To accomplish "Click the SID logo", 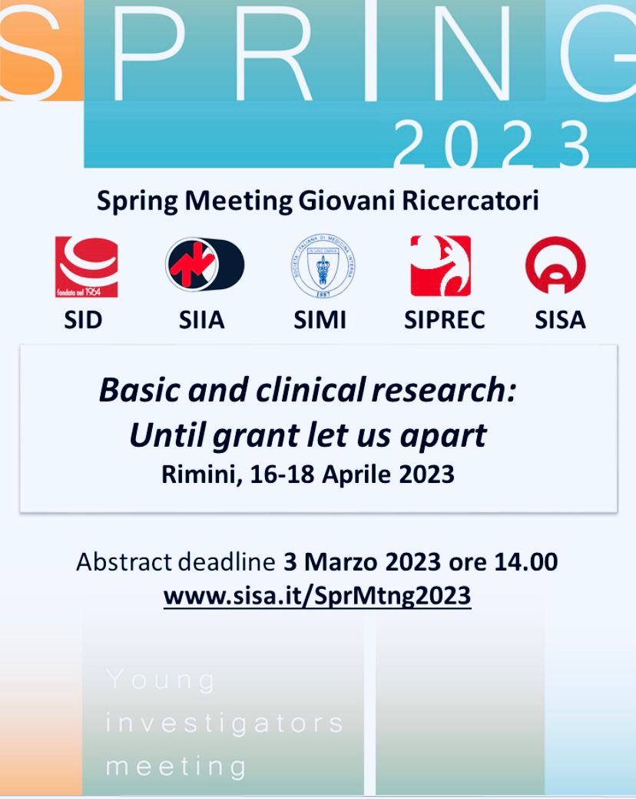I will (87, 267).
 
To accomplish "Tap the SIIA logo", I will (204, 265).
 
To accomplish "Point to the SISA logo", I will (555, 265).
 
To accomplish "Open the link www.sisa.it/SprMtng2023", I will (317, 595).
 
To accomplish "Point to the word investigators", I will (225, 723).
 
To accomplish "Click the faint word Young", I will (161, 680).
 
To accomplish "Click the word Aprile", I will (355, 474).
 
